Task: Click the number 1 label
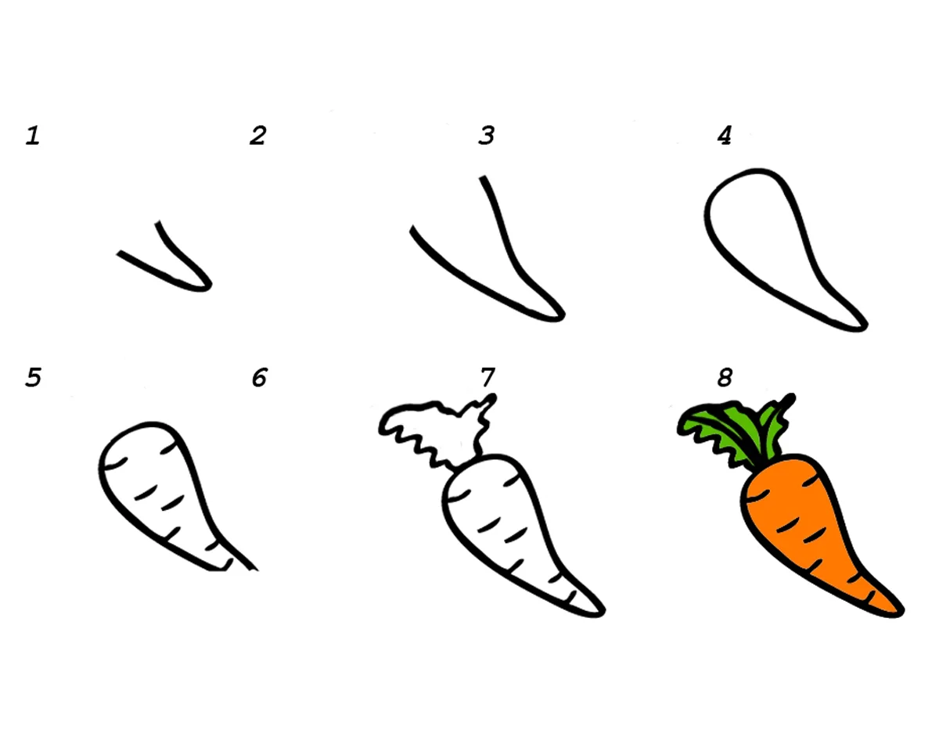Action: point(33,135)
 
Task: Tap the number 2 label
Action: point(258,135)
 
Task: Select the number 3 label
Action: point(487,135)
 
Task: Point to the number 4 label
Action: point(725,135)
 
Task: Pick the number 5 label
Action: point(33,377)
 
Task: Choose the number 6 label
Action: point(260,377)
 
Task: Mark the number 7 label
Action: point(487,377)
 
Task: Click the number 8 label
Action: point(725,377)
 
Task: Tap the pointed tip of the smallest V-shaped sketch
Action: point(210,286)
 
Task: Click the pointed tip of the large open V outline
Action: point(563,316)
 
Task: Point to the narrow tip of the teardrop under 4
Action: point(865,326)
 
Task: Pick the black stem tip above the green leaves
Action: point(790,397)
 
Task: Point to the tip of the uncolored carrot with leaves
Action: point(603,612)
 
